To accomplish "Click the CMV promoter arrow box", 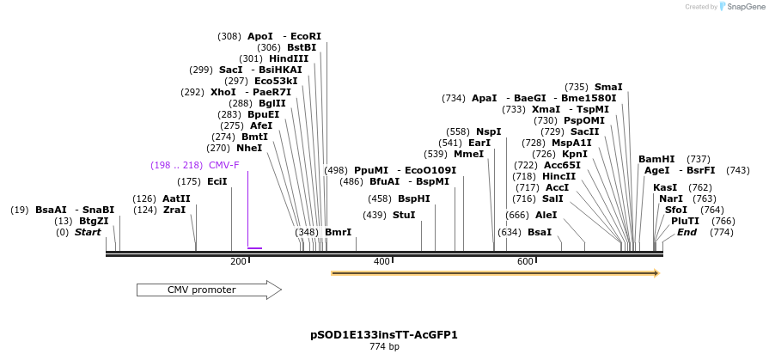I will click(x=209, y=290).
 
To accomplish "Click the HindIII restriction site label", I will click(x=289, y=58).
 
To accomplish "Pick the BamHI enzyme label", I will click(x=656, y=159).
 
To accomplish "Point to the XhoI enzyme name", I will click(x=223, y=92).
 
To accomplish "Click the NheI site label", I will click(x=249, y=148).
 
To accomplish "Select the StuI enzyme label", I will click(x=404, y=215).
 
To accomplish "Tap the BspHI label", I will click(x=414, y=198).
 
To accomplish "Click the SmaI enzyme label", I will click(x=608, y=87).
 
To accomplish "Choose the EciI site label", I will click(x=217, y=181).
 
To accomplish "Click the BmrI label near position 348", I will click(x=338, y=232).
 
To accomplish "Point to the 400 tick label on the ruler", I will click(x=381, y=261).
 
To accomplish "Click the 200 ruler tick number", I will click(x=238, y=261).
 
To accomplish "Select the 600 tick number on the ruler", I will click(x=525, y=261).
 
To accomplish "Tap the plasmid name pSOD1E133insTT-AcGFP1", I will click(x=384, y=335).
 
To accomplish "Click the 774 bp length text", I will click(x=384, y=347).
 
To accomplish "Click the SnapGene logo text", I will click(x=746, y=7).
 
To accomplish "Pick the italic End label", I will click(x=687, y=232).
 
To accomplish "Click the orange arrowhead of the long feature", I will click(x=655, y=273).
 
